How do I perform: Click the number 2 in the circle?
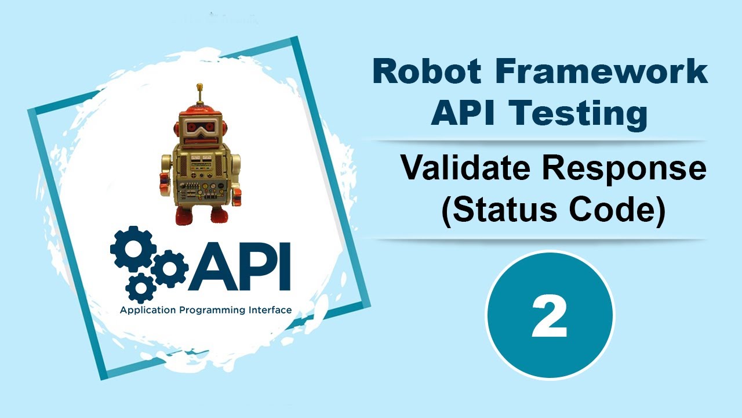pos(550,316)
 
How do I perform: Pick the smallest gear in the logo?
pos(140,286)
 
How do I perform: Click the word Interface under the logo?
pos(268,310)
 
